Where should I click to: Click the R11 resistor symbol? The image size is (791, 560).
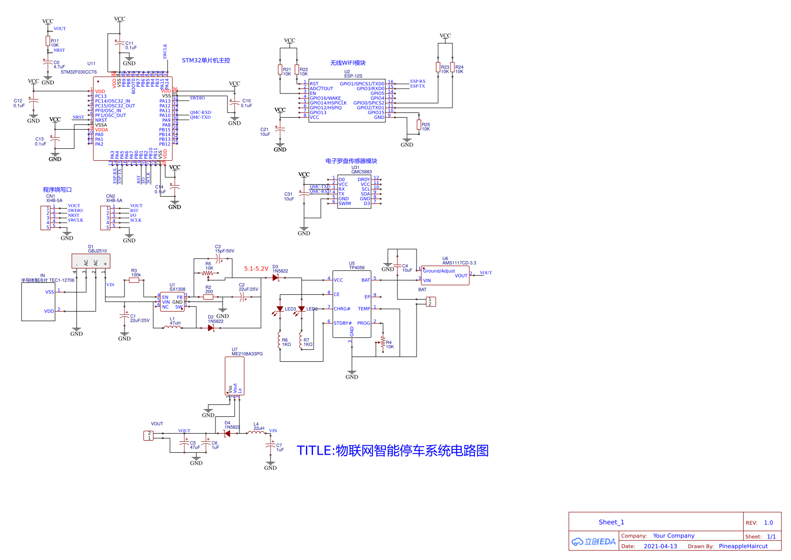coord(48,41)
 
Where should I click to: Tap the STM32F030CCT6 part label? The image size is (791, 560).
coord(79,72)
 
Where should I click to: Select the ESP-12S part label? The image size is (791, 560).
coord(353,76)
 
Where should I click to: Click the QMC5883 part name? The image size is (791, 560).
coord(362,172)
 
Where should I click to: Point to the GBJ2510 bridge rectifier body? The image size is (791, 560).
coord(91,261)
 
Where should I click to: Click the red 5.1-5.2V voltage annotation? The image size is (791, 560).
coord(256,269)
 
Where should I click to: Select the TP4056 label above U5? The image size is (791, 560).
coord(357,268)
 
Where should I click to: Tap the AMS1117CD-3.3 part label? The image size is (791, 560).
coord(459,263)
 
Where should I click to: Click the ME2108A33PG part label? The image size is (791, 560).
coord(247,354)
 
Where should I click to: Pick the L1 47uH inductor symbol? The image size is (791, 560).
coord(172,327)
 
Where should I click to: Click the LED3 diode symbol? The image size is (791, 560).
coord(280,309)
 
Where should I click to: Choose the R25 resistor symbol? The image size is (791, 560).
coord(419,125)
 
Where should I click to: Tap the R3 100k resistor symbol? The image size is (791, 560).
coord(134,280)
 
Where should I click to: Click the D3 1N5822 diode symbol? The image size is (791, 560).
coord(275,278)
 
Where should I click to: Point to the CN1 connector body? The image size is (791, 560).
coord(45,218)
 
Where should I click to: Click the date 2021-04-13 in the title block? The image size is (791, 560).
coord(660,546)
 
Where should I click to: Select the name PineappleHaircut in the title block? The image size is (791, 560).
coord(743,546)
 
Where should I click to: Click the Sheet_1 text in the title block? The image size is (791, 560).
coord(611,522)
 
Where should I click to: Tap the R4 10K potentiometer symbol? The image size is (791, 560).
coord(383,343)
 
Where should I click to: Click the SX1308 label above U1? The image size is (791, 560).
coord(177,289)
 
